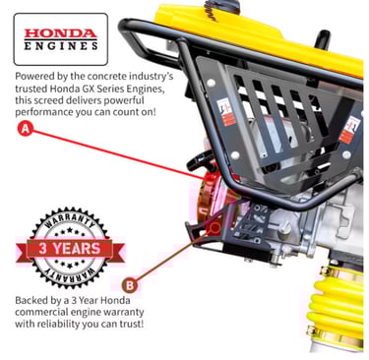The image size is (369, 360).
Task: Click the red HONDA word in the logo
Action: coord(61,33)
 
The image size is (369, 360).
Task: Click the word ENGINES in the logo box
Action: coord(61,45)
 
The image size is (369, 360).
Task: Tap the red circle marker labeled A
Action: coord(26,129)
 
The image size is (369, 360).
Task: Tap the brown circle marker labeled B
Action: coord(130,285)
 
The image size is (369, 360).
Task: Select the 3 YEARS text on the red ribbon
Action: coord(70,248)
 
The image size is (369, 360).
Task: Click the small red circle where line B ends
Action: coord(215,227)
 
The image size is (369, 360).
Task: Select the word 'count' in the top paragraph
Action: coord(125,112)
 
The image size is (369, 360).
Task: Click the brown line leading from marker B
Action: coord(173,256)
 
